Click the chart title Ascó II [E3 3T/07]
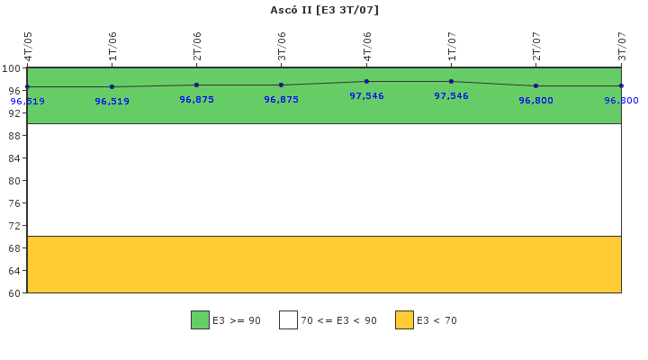pos(324,10)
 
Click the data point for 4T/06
pos(366,81)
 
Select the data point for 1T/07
pos(451,81)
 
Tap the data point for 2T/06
pos(196,85)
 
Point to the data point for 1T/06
pos(112,87)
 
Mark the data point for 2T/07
pos(535,85)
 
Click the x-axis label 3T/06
pos(282,46)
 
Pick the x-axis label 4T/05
pos(28,46)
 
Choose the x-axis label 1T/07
pos(452,46)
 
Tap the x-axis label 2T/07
pos(536,46)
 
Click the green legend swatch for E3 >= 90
pos(200,319)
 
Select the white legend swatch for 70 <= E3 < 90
pos(288,319)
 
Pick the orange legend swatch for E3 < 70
pos(404,319)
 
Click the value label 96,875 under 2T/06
pos(196,100)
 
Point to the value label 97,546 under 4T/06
pos(366,96)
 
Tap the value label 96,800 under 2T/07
pos(535,101)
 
